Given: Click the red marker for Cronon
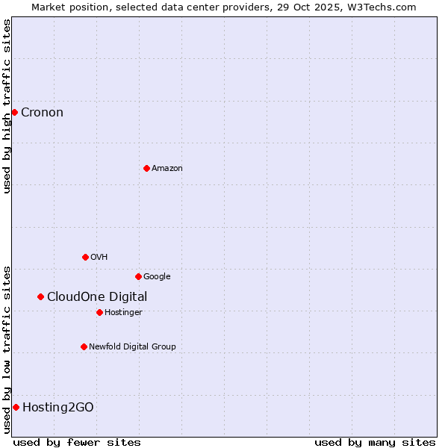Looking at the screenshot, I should pyautogui.click(x=14, y=112).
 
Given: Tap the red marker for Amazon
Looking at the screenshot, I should pyautogui.click(x=146, y=168).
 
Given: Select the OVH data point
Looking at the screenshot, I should pyautogui.click(x=85, y=257).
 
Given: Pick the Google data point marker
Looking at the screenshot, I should pyautogui.click(x=138, y=276).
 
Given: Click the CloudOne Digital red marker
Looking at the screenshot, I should pyautogui.click(x=40, y=296).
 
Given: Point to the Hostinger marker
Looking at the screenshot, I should pyautogui.click(x=99, y=312).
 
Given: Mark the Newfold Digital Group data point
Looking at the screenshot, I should pyautogui.click(x=84, y=346).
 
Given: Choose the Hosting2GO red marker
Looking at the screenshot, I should pyautogui.click(x=16, y=407).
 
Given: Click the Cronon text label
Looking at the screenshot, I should pyautogui.click(x=42, y=113).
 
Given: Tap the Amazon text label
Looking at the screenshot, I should pyautogui.click(x=167, y=169).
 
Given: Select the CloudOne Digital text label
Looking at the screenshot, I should pyautogui.click(x=97, y=297).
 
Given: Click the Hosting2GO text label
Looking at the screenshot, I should pyautogui.click(x=58, y=408).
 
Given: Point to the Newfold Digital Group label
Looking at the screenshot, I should pyautogui.click(x=132, y=346).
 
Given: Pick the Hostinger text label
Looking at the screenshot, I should pyautogui.click(x=123, y=312).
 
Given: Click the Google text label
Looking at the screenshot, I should pyautogui.click(x=157, y=277).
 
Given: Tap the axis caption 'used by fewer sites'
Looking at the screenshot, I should pyautogui.click(x=77, y=442).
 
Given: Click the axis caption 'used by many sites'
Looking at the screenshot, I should pyautogui.click(x=375, y=442).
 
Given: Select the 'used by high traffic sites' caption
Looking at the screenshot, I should pyautogui.click(x=7, y=106).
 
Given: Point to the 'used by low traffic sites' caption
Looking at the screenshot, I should pyautogui.click(x=7, y=349).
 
